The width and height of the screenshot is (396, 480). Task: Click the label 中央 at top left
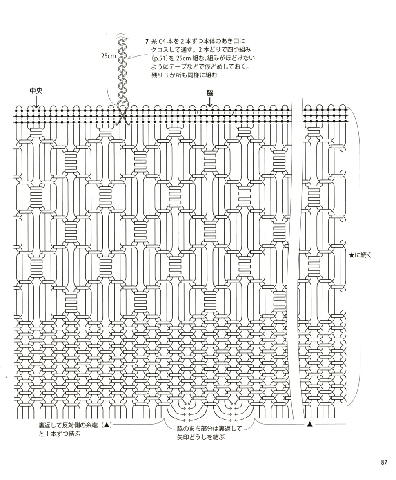[x=36, y=91]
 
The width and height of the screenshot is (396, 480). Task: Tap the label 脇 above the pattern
[x=210, y=93]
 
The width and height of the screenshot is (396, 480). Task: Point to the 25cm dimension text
[x=108, y=56]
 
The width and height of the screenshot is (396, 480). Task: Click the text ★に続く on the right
[x=360, y=255]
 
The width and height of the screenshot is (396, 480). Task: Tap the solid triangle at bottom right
[x=309, y=424]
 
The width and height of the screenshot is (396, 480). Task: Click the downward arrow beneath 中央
[x=36, y=102]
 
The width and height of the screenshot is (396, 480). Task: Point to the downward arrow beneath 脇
[x=210, y=102]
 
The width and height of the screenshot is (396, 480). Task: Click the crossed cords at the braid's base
[x=122, y=118]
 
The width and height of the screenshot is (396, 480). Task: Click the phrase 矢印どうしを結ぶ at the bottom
[x=200, y=437]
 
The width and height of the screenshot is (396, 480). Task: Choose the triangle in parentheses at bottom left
[x=106, y=425]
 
